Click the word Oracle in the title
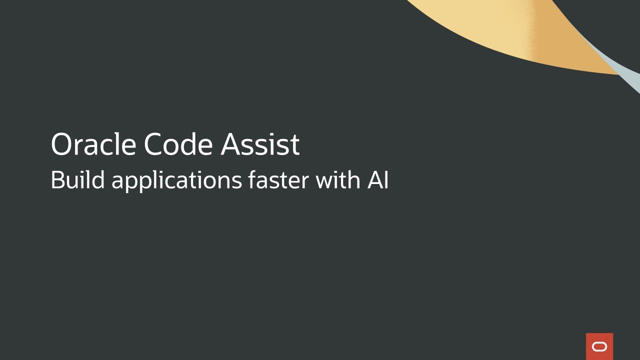pyautogui.click(x=93, y=144)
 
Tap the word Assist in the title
pyautogui.click(x=260, y=144)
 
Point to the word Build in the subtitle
pyautogui.click(x=77, y=180)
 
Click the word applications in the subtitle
pyautogui.click(x=176, y=181)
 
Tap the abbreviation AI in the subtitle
pyautogui.click(x=378, y=180)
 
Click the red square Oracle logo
pyautogui.click(x=599, y=346)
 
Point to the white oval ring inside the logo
pyautogui.click(x=599, y=347)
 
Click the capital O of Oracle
pyautogui.click(x=62, y=144)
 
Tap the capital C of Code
pyautogui.click(x=154, y=144)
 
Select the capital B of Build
pyautogui.click(x=57, y=180)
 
